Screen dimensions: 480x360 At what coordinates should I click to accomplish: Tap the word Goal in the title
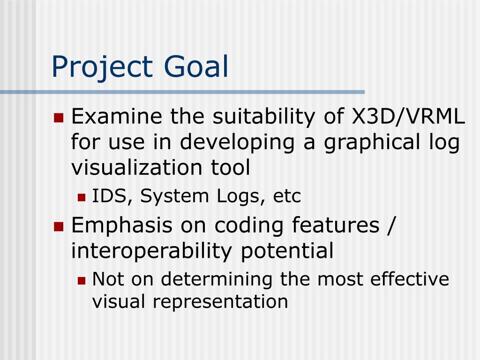point(196,66)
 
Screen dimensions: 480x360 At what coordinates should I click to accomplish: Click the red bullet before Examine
point(58,118)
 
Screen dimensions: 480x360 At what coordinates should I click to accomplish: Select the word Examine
point(117,116)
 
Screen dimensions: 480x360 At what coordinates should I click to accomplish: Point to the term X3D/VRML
point(408,116)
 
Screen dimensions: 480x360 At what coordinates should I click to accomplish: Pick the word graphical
point(372,143)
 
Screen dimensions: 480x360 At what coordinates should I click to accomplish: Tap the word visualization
point(137,167)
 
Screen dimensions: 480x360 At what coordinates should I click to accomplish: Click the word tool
point(231,167)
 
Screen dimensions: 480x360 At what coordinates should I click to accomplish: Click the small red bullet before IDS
point(82,197)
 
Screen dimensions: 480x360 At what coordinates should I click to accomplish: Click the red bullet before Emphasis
point(58,226)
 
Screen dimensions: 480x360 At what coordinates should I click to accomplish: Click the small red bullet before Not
point(82,281)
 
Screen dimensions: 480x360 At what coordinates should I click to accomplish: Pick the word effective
point(410,279)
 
